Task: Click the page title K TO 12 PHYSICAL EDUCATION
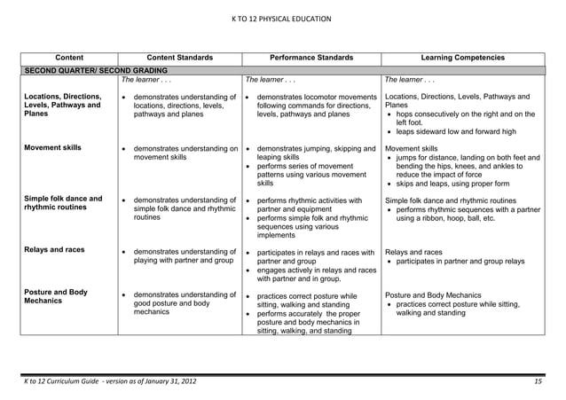(282, 18)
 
